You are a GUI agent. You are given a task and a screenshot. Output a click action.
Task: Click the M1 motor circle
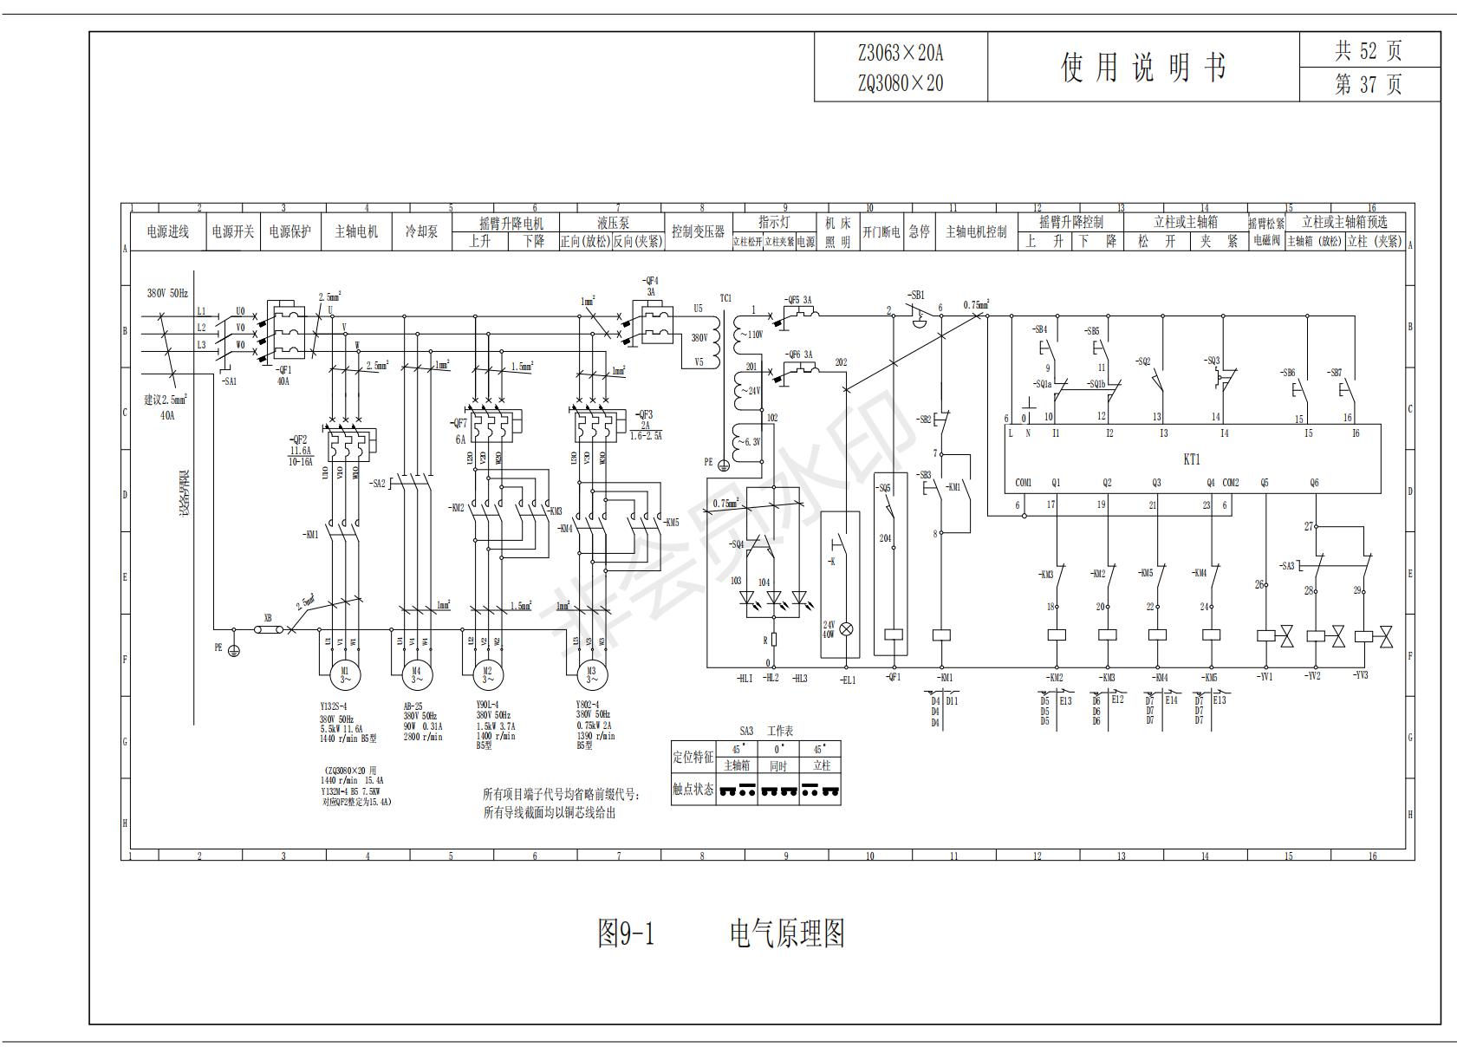(344, 673)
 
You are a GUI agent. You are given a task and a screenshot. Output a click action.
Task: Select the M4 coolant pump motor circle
(416, 673)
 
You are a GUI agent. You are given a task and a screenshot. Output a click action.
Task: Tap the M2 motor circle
(487, 673)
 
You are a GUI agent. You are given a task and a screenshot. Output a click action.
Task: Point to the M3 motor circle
(592, 673)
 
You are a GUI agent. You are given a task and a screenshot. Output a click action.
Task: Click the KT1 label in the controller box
(1192, 459)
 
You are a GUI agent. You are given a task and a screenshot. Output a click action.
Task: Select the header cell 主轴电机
(356, 232)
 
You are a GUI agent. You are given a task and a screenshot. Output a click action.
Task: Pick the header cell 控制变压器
(698, 232)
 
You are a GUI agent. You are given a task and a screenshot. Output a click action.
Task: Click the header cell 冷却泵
(422, 232)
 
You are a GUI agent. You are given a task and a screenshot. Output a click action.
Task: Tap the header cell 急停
(919, 232)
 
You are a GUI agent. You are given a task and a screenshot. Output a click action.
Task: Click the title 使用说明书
(1143, 67)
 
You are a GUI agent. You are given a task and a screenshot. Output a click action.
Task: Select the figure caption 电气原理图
(787, 934)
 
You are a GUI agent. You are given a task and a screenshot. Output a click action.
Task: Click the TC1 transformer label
(725, 298)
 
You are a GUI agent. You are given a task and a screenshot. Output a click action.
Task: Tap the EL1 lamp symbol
(848, 630)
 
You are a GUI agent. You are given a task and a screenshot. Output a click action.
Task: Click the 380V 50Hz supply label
(166, 293)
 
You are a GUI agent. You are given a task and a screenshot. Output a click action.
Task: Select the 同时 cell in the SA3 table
(778, 766)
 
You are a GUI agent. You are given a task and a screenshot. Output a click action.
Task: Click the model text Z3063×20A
(901, 53)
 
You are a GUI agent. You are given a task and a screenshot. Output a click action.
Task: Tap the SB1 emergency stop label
(916, 296)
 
